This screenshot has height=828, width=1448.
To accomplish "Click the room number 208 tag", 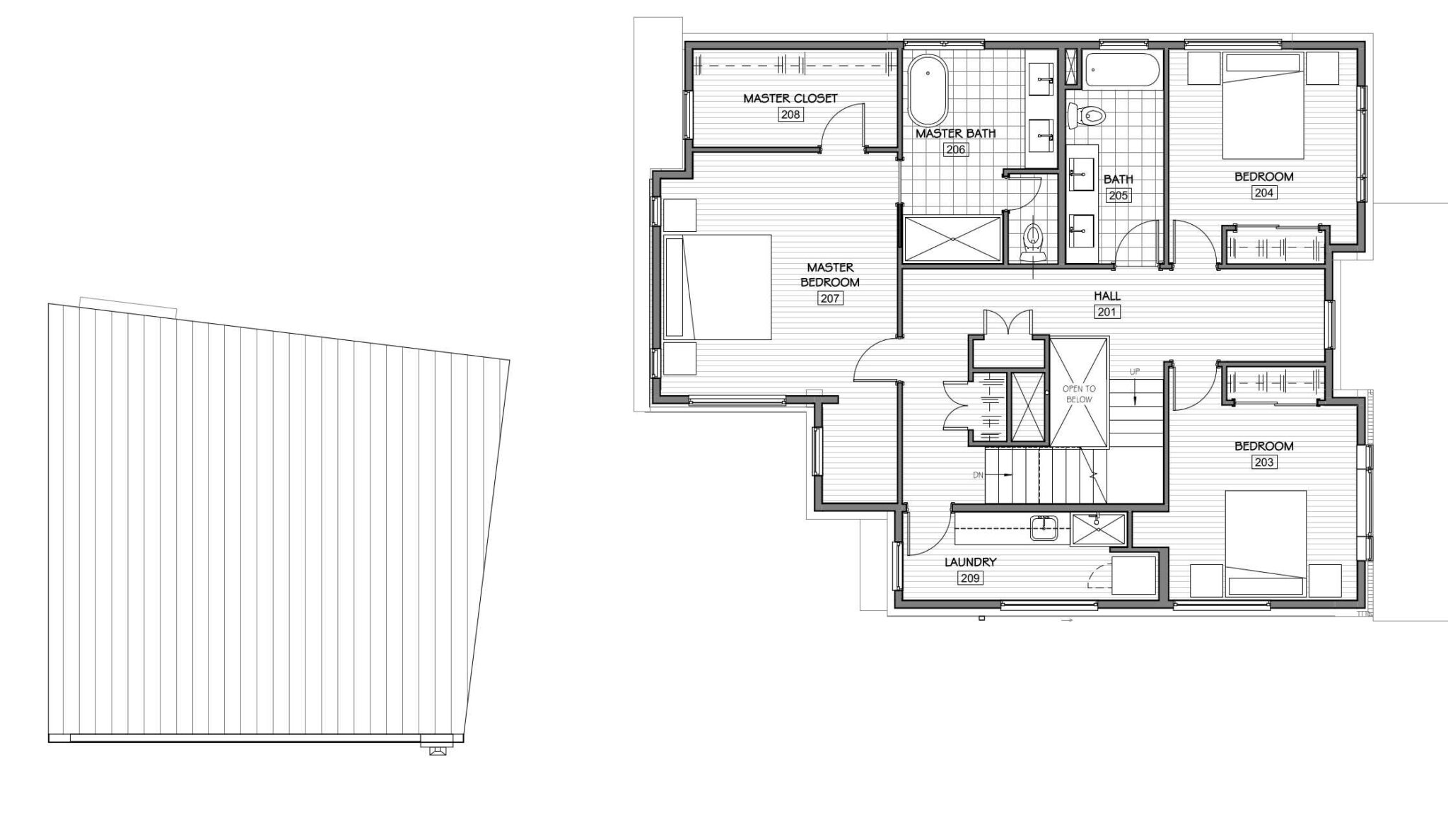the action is click(x=790, y=114).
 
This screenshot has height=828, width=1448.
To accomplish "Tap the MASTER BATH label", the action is click(x=956, y=133).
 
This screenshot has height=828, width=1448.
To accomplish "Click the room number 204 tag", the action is click(x=1264, y=192).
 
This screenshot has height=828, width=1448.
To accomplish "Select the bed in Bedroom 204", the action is click(x=1263, y=106).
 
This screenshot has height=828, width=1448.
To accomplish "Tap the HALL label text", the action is click(x=1107, y=296).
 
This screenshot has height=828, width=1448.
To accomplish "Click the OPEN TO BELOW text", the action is click(x=1079, y=394).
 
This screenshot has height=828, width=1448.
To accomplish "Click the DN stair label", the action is click(x=978, y=475).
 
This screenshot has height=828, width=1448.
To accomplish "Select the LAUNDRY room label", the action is click(x=971, y=562).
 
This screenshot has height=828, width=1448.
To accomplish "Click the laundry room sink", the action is click(x=1044, y=527).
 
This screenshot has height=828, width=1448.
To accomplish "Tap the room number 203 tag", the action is click(x=1264, y=462).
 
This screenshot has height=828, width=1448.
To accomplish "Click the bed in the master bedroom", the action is click(x=717, y=287).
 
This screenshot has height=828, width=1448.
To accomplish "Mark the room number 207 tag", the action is click(x=830, y=298).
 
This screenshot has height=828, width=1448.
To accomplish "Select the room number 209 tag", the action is click(x=971, y=578).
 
